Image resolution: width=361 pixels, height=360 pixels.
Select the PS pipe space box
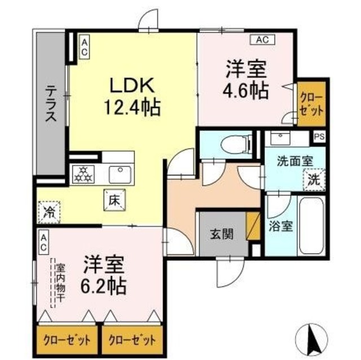[319, 136]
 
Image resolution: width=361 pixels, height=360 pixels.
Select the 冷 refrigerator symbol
[50, 212]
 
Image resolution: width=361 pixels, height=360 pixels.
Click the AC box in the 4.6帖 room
[262, 39]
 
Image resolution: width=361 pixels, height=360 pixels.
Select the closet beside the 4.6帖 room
[311, 103]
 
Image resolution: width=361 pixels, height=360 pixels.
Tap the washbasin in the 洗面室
[279, 139]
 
